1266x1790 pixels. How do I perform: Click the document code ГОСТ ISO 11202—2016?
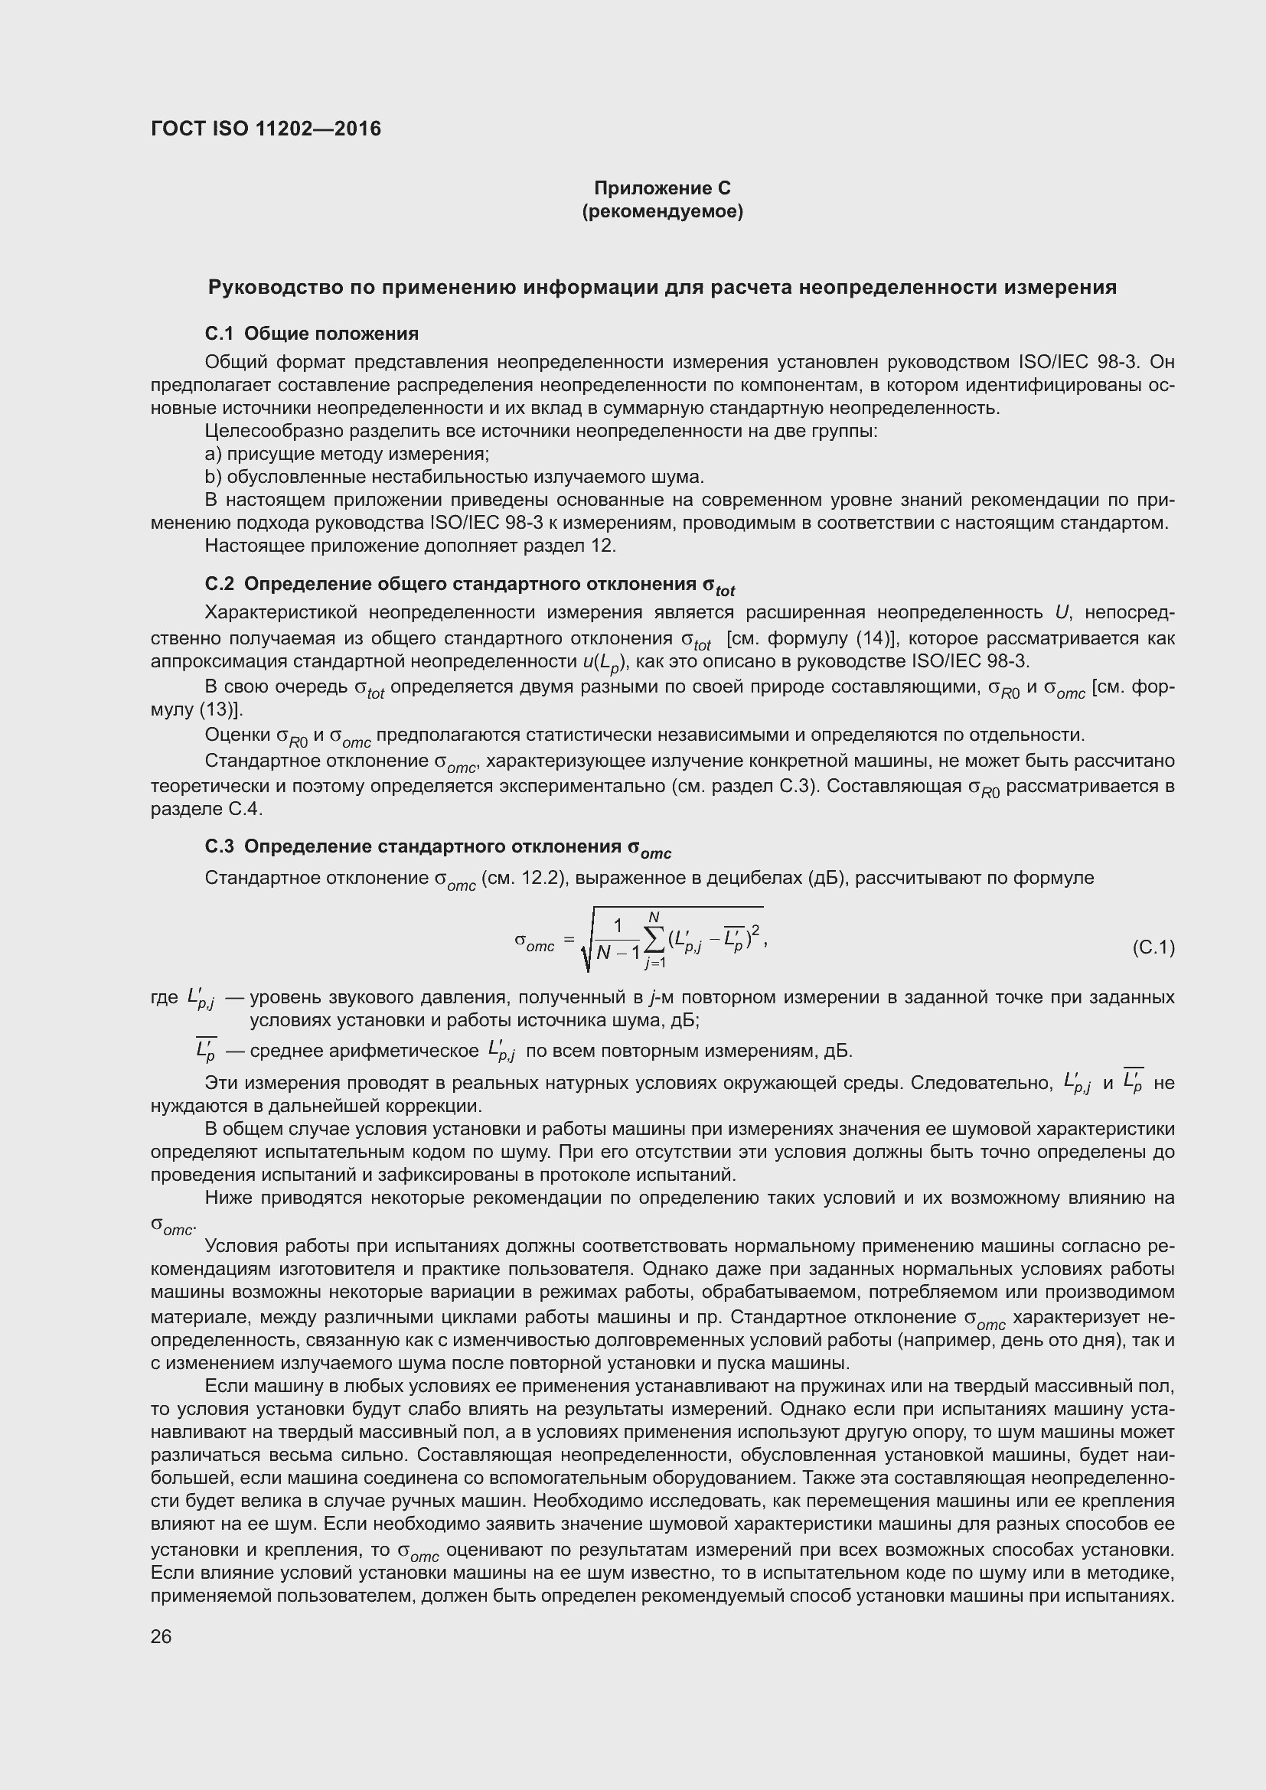266,129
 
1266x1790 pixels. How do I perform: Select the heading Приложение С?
662,188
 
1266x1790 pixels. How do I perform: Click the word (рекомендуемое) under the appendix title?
662,211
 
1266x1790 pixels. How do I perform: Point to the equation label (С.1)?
1152,947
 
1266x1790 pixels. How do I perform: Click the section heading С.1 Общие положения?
312,334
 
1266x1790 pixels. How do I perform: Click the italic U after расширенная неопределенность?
1061,614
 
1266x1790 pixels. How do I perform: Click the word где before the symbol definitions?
165,998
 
